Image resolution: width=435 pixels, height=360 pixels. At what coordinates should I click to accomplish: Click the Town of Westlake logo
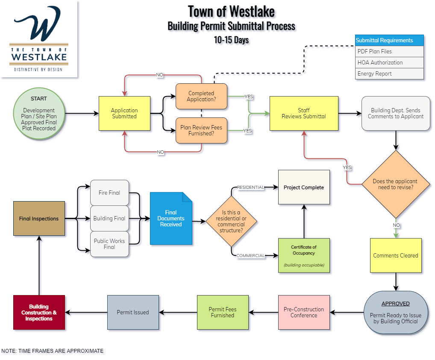point(39,39)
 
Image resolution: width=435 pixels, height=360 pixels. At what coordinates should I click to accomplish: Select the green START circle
point(39,113)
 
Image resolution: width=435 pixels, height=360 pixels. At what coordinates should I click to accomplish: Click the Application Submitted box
point(124,113)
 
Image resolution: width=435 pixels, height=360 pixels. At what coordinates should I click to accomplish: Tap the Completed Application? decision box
point(201,96)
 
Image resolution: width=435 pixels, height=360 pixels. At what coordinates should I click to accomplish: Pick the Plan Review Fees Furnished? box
point(201,130)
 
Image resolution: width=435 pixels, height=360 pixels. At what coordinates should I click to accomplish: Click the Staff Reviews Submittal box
point(304,113)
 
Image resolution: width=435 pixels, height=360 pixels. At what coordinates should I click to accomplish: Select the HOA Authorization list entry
point(389,62)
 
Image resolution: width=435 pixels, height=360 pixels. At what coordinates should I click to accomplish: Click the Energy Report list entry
point(389,73)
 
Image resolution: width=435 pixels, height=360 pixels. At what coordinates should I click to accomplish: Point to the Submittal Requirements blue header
point(389,40)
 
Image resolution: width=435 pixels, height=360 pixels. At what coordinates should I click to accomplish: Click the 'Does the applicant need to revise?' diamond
point(395,184)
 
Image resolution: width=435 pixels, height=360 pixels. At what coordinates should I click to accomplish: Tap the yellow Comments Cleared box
point(396,255)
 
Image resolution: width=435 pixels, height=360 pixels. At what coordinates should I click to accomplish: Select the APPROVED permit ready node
point(396,312)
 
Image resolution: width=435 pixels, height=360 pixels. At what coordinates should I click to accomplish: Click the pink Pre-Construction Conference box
point(304,312)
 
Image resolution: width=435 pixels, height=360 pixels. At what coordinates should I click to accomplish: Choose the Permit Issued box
point(133,312)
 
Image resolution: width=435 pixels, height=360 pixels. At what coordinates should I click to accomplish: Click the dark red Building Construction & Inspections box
point(39,312)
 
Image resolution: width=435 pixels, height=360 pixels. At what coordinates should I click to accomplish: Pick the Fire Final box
point(109,193)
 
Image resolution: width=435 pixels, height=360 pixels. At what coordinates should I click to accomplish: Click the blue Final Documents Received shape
point(171,218)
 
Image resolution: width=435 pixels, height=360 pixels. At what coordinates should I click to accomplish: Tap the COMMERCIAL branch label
point(250,255)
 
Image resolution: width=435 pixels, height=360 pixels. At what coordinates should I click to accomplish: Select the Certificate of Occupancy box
point(304,255)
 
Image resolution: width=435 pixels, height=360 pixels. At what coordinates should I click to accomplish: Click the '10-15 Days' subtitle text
point(231,40)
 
